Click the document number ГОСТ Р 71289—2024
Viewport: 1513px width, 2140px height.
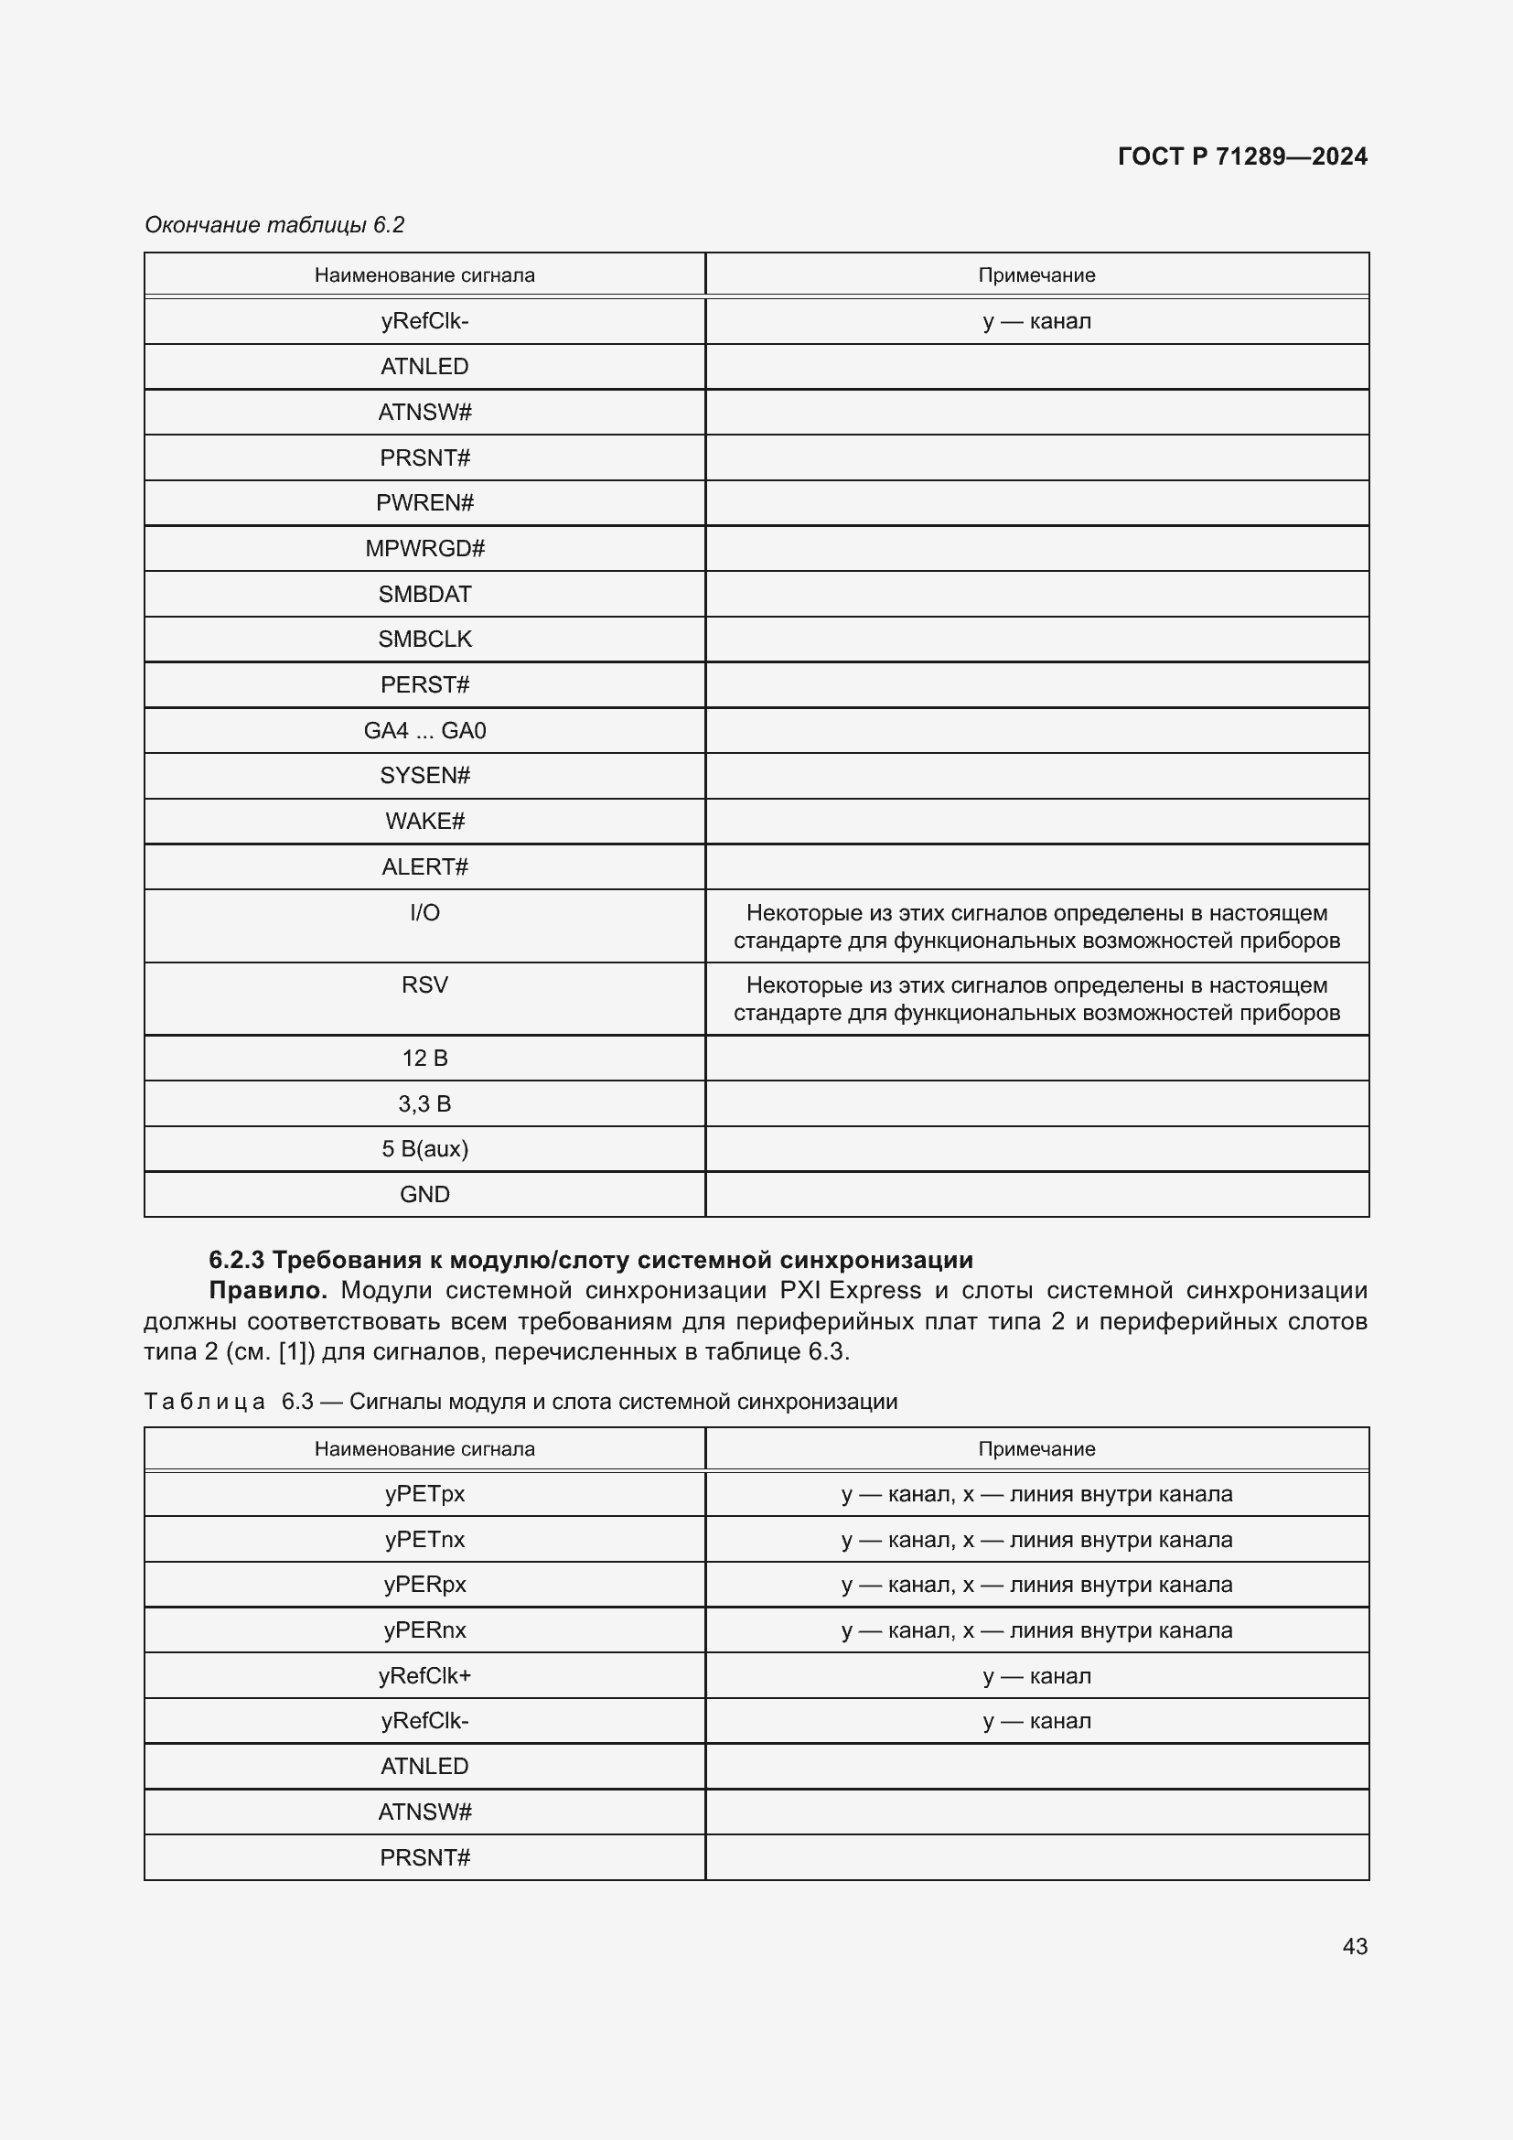coord(1242,156)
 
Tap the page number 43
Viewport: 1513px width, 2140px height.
coord(1355,1946)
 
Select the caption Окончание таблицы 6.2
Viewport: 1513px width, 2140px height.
coord(274,225)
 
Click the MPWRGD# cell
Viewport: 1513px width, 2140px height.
coord(424,548)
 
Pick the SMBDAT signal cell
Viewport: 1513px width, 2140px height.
coord(424,594)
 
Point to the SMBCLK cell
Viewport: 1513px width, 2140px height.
coord(424,640)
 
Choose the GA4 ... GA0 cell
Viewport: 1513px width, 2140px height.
coord(424,731)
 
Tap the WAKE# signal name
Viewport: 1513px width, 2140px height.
coord(424,821)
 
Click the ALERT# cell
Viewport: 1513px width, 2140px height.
coord(424,866)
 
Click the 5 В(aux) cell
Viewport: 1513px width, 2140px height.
coord(424,1149)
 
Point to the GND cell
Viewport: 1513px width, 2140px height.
coord(424,1195)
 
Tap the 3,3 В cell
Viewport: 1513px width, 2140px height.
coord(424,1104)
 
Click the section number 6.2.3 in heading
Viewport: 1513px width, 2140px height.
coord(237,1260)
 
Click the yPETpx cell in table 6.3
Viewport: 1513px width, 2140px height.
coord(424,1494)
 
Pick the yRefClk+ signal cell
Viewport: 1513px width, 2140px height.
coord(424,1676)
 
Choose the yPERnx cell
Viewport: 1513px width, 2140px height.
coord(424,1630)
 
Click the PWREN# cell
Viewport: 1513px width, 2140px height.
coord(424,503)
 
